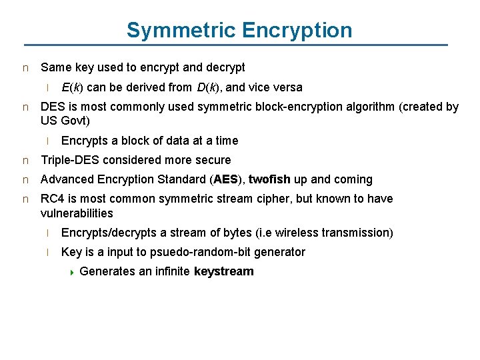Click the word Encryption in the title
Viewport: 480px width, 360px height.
tap(297, 30)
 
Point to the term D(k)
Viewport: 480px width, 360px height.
tap(209, 87)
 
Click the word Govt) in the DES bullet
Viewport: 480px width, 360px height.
tap(75, 121)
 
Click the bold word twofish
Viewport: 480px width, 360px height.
tap(269, 179)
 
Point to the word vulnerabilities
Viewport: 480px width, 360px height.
tap(77, 213)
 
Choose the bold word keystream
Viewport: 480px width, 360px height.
tap(224, 271)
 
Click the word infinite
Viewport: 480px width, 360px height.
tap(169, 271)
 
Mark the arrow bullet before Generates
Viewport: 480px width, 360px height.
tap(72, 272)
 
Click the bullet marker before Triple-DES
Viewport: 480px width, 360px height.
tap(25, 161)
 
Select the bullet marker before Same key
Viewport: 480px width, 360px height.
tap(25, 68)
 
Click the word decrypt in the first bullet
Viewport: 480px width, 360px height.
tap(225, 67)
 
